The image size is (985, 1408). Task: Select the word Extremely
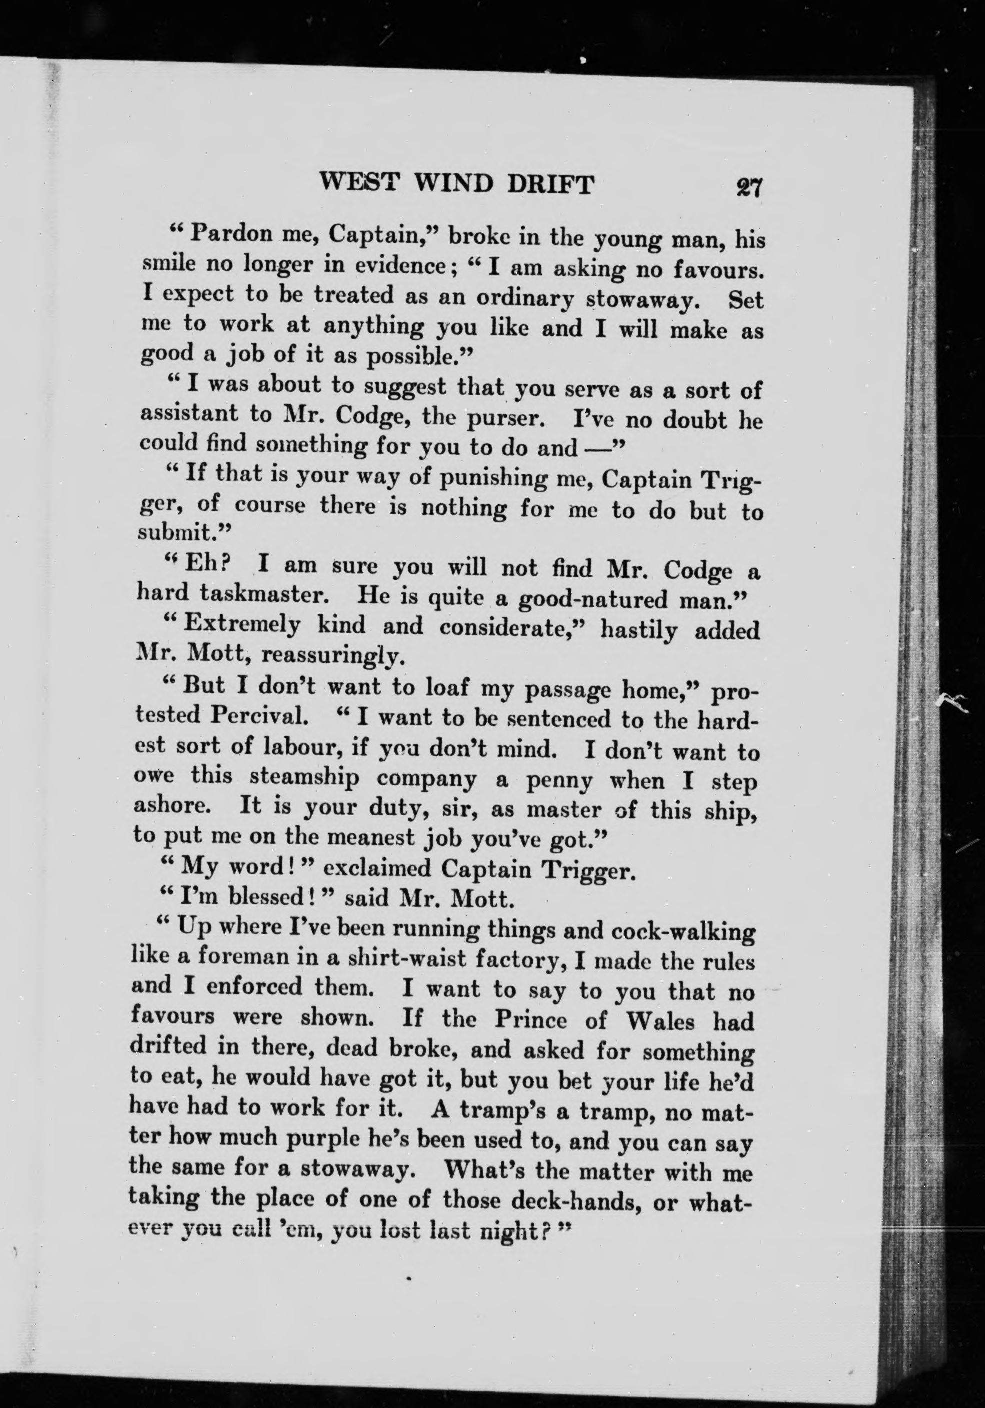click(242, 625)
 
